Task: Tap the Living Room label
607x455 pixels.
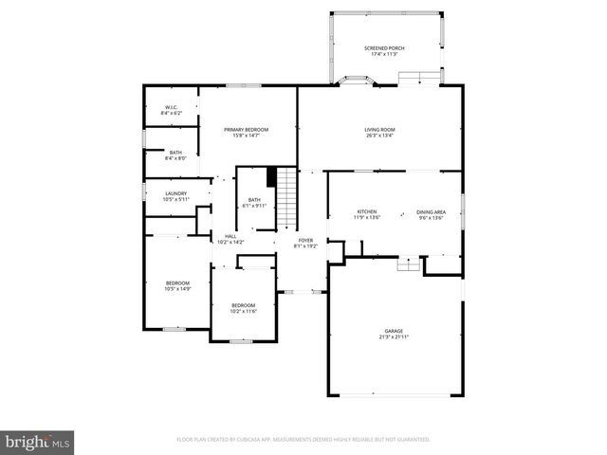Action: tap(379, 130)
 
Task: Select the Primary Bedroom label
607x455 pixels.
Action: tap(246, 130)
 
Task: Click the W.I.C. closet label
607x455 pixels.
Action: tap(172, 107)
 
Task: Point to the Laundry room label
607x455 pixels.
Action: tap(175, 193)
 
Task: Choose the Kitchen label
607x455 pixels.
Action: tap(367, 211)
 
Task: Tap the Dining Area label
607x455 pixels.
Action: tap(431, 211)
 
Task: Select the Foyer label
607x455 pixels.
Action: tap(305, 241)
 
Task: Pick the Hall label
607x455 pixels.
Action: tap(230, 236)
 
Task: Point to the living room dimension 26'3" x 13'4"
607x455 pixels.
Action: tap(379, 136)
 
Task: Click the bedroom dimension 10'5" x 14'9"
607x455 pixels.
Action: tap(178, 289)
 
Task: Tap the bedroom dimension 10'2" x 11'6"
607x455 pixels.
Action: tap(244, 311)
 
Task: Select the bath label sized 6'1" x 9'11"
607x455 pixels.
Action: tap(254, 206)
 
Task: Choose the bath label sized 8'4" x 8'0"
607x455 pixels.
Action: tap(175, 158)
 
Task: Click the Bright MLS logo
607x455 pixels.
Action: tap(38, 442)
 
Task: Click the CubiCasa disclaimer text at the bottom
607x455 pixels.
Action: tap(303, 440)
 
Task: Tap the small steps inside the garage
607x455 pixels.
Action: tap(408, 266)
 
